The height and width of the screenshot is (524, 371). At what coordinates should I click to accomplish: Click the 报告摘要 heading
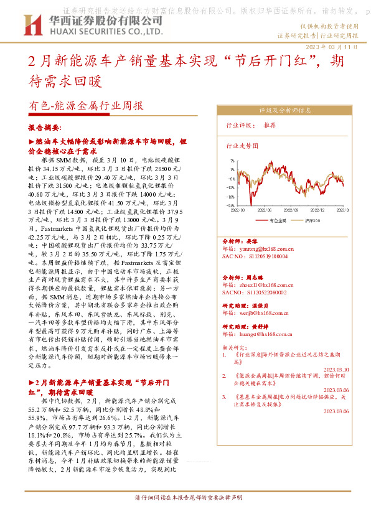(44, 127)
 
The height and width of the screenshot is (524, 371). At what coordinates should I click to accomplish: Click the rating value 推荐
(270, 125)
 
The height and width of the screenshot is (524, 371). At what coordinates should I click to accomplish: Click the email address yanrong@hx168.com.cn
(257, 247)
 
